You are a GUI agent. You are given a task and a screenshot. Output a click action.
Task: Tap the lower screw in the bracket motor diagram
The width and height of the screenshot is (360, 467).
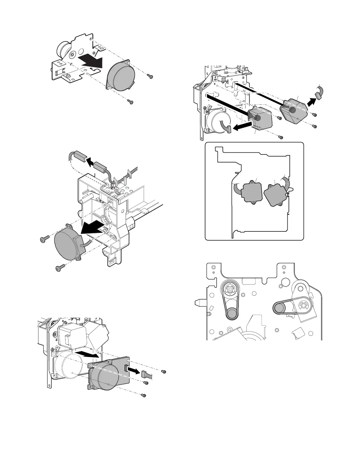[130, 102]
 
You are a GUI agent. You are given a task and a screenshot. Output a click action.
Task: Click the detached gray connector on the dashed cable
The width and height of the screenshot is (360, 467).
[77, 155]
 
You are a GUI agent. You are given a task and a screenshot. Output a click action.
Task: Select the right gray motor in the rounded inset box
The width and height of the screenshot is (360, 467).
[275, 195]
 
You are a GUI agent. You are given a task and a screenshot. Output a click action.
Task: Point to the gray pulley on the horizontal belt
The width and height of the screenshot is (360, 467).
[279, 309]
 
